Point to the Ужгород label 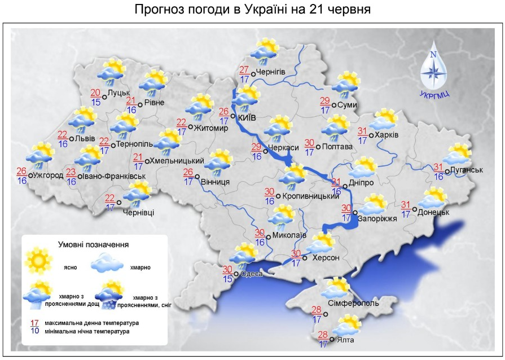pos(48,175)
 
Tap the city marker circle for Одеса pos(236,274)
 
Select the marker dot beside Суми pos(333,105)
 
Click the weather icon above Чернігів pos(265,50)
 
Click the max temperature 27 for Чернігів pos(244,70)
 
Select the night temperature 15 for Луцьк pos(96,102)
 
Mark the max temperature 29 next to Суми pos(324,101)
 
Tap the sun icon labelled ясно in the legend pos(38,260)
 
